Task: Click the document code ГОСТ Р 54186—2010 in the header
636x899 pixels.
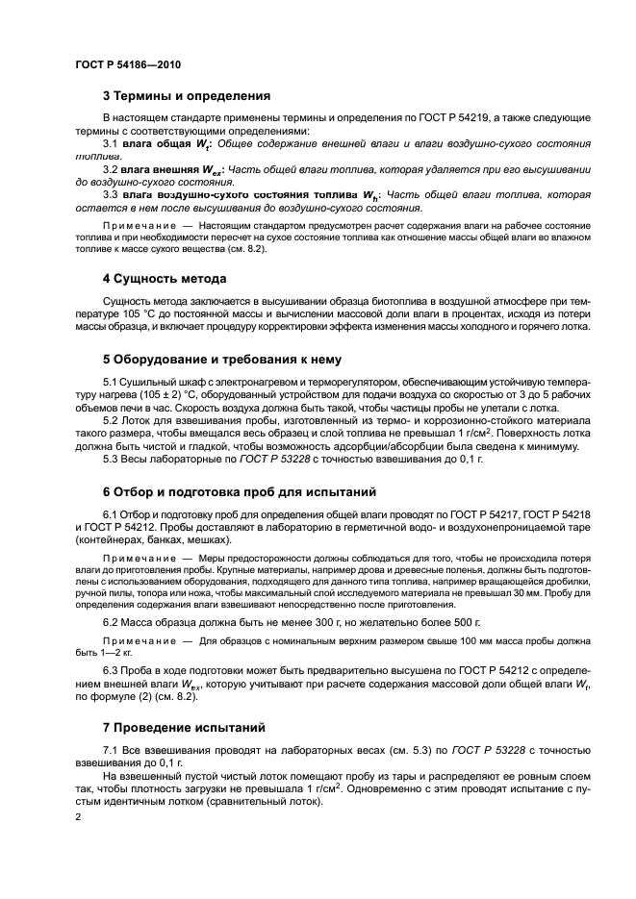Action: click(127, 63)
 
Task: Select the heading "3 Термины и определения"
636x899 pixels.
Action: click(186, 96)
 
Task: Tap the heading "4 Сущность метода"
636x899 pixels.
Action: click(164, 279)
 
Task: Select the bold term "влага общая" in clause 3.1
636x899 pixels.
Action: click(157, 143)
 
